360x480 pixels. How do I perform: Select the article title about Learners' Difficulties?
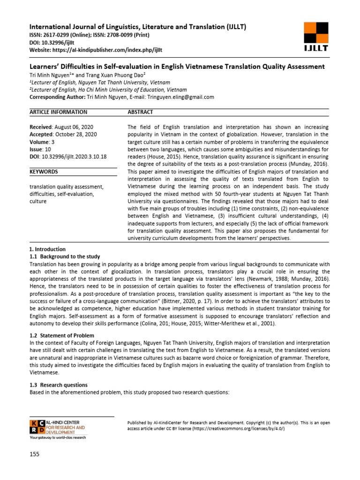tap(177, 67)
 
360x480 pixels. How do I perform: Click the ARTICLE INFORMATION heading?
tap(59, 112)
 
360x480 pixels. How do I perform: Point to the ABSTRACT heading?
tap(140, 112)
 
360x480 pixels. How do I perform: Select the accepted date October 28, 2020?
tap(77, 134)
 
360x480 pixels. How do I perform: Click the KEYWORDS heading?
tap(44, 172)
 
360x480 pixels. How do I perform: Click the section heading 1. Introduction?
tap(47, 249)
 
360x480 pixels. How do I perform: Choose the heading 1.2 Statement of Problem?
tap(61, 336)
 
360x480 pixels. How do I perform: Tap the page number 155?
tap(35, 454)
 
